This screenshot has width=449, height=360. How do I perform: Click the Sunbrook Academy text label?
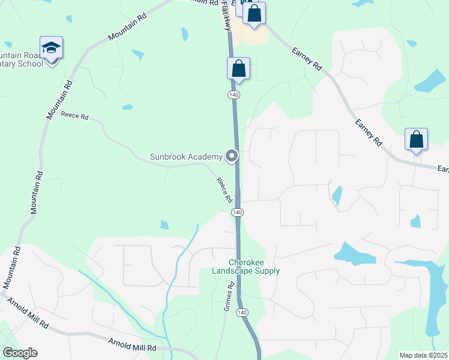185,157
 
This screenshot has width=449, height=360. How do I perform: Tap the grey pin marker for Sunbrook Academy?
232,157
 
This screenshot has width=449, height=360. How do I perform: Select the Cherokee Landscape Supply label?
246,266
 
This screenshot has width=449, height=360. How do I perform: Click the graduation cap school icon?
52,48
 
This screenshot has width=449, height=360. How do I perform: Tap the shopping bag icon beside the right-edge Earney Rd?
416,140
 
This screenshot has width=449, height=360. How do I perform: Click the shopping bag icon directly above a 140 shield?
238,69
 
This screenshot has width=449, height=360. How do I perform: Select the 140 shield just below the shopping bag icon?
234,95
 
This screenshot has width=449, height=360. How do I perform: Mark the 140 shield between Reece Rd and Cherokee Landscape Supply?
238,212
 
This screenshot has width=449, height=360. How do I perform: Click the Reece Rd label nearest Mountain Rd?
74,116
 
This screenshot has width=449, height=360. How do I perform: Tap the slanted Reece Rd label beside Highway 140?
224,190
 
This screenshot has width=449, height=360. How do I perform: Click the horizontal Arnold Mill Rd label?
132,347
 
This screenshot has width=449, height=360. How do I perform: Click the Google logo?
20,353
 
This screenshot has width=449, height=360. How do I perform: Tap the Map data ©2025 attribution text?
423,355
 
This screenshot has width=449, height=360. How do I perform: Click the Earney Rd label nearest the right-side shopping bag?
369,133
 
